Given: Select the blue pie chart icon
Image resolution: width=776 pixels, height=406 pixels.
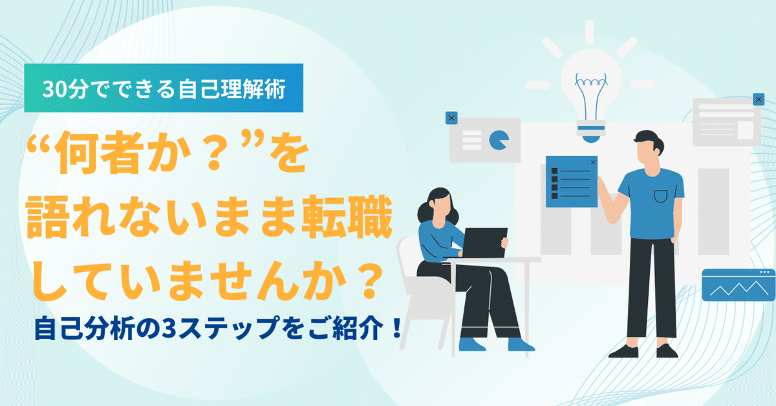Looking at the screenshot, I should pos(498,139).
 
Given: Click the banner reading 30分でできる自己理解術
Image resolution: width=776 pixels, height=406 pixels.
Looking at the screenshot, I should pos(164,90).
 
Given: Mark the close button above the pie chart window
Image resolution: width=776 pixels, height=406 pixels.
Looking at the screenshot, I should pos(451,118).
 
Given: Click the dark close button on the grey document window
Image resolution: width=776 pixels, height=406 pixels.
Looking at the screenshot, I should pos(759,100).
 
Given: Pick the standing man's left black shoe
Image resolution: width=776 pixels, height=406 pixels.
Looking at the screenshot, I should pos(623,351).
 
